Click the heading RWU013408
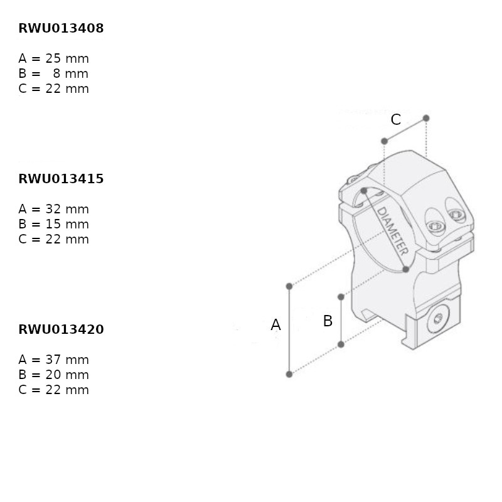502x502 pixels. (61, 28)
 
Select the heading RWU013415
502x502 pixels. (61, 179)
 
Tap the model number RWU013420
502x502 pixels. (61, 329)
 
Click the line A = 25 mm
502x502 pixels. (53, 58)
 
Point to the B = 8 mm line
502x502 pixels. (53, 73)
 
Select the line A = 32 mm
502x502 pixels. (53, 209)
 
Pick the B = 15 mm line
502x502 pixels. (53, 224)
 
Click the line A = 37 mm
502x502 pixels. (53, 360)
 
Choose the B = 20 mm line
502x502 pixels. (53, 375)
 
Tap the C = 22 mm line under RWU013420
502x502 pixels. (53, 390)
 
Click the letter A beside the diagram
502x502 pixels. (275, 325)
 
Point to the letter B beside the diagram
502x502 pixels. (328, 321)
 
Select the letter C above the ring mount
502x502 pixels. (396, 120)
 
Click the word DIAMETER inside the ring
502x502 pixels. (392, 231)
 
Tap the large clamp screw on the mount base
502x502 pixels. (438, 319)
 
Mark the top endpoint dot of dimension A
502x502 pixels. (289, 286)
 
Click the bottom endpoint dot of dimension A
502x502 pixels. (289, 374)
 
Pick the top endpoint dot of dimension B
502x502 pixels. (341, 297)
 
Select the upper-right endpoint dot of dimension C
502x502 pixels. (426, 118)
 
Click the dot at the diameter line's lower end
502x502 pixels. (405, 269)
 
